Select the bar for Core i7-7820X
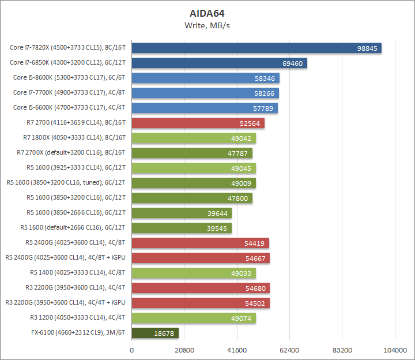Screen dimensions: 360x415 click(256, 48)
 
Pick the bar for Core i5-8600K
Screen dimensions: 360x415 click(206, 78)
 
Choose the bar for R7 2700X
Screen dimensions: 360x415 click(192, 153)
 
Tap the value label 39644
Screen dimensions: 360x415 click(217, 213)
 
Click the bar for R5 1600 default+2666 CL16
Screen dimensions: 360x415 click(182, 228)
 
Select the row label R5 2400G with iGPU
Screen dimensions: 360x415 click(65, 258)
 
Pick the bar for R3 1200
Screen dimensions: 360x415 click(194, 318)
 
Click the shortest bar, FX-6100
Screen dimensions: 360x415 click(155, 333)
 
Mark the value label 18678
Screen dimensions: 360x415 click(164, 333)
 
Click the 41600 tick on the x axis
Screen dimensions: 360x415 click(237, 350)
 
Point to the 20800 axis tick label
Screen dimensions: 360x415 click(184, 350)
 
